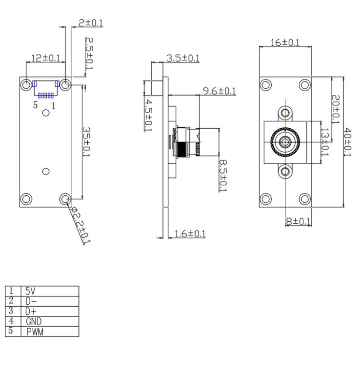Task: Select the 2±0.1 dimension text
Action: (91, 23)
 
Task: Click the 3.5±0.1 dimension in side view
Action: (182, 58)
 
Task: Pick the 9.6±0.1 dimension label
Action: (219, 91)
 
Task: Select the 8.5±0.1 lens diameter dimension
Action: (222, 175)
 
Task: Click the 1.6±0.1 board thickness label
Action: (189, 234)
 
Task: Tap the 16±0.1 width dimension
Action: (285, 42)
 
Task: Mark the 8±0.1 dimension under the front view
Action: (298, 222)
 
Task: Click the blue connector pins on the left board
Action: (45, 96)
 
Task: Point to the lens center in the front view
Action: (284, 142)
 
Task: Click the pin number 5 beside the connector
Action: (35, 105)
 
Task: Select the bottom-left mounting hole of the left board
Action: (26, 199)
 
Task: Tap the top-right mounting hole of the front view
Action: (304, 84)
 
